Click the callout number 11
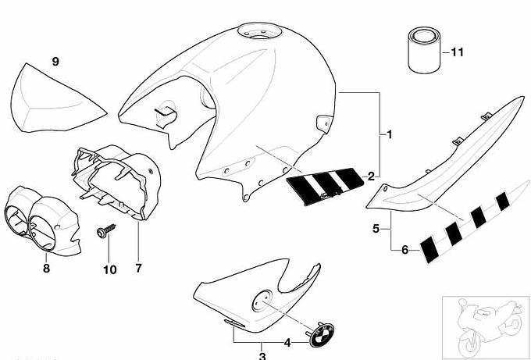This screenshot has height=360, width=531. pos(457,52)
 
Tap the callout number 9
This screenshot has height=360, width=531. pos(55,62)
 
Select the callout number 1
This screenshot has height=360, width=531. pos(390,134)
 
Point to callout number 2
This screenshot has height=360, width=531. pos(371,176)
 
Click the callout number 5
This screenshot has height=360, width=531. pos(376,229)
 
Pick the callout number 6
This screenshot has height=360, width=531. pos(405,250)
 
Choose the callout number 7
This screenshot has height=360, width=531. pos(138,269)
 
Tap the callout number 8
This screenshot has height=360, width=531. pos(46,269)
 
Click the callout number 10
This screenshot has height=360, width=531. pos(110,270)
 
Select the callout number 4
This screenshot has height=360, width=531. pos(287,343)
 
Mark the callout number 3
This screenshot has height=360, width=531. pos(262,355)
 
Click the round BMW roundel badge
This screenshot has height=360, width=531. pos(322,334)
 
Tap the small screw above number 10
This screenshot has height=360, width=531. pos(106,230)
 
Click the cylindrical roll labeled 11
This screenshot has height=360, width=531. pos(424,50)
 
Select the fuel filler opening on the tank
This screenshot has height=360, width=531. pos(260,32)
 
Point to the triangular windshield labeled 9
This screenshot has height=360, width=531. pos(54,99)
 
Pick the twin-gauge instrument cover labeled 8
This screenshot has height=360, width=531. pos(42,219)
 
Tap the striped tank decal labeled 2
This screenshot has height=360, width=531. pos(325,186)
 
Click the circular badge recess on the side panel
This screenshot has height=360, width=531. pos(262,301)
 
